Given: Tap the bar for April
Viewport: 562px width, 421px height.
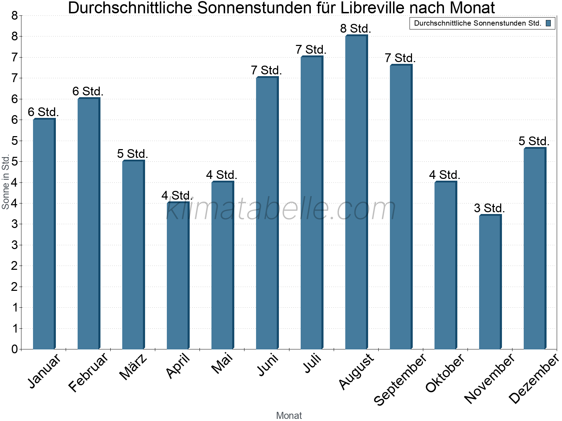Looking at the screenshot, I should tap(177, 275).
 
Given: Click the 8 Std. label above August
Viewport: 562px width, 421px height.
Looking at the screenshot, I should tap(355, 28).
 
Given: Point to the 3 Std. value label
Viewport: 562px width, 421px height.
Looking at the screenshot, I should tap(489, 208).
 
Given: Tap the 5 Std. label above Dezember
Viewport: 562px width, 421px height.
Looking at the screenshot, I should tap(534, 141).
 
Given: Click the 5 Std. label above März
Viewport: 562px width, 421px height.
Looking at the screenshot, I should tap(132, 154).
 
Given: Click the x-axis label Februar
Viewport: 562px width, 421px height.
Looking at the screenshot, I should tap(89, 373).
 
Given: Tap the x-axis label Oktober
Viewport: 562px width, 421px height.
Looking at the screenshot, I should tap(445, 373).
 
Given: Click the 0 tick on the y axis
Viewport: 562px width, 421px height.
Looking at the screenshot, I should tap(14, 349).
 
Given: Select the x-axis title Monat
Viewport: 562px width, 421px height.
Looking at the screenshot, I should tap(289, 415).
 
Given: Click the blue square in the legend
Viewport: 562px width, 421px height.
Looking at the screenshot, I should tap(548, 24).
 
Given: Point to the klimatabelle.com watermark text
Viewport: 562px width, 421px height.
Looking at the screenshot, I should tap(281, 209).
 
